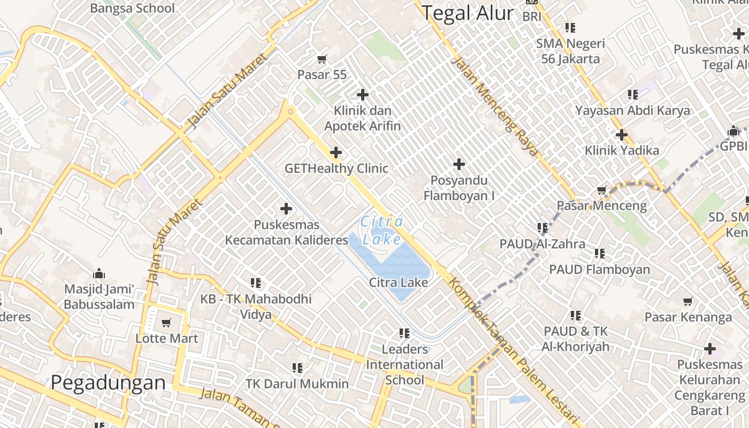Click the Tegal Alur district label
click(x=468, y=13)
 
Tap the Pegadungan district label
click(x=109, y=383)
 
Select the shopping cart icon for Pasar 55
click(x=322, y=59)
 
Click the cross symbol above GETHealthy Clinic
click(x=336, y=153)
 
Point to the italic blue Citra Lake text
click(x=382, y=231)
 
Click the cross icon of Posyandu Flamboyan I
click(x=459, y=164)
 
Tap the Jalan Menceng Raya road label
click(x=494, y=106)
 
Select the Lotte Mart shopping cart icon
click(x=166, y=323)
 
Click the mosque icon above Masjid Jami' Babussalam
click(x=99, y=274)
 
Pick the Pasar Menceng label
click(x=602, y=205)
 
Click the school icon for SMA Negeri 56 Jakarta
click(x=570, y=27)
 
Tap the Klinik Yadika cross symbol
click(x=622, y=135)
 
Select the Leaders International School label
click(x=405, y=365)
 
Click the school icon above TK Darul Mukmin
click(x=297, y=368)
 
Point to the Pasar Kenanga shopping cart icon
click(x=688, y=302)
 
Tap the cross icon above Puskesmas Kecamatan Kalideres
click(x=286, y=209)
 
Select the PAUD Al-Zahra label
click(x=542, y=244)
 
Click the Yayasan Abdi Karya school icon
click(x=633, y=95)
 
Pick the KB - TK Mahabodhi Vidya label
click(x=256, y=306)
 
